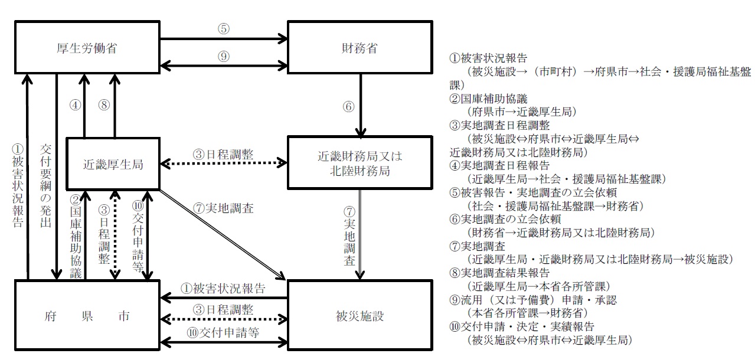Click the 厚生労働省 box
pos(87,48)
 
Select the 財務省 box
pos(359,48)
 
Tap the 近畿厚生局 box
pos(113,165)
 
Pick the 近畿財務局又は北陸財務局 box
pos(359,163)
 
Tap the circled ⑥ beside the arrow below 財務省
pos(348,107)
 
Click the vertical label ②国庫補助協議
pos(75,236)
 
